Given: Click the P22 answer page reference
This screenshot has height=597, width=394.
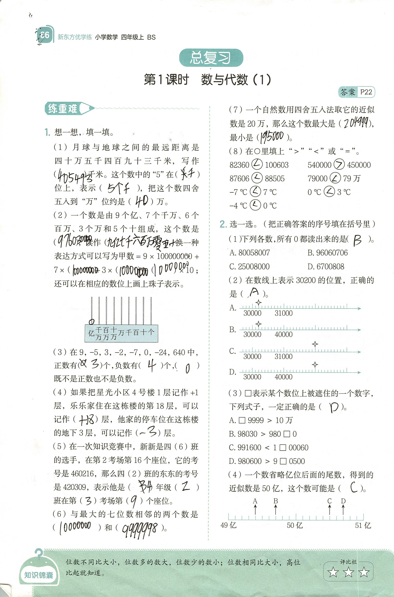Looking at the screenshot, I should [x=366, y=92].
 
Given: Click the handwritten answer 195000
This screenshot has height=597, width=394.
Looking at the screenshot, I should [x=272, y=137].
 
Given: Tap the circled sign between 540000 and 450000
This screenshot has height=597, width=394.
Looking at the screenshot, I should [x=339, y=165].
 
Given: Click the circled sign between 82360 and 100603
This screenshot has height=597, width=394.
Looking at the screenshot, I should [x=257, y=165].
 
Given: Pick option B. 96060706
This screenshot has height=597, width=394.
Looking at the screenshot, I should [x=327, y=253].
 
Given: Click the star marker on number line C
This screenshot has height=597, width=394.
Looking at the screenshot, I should [x=315, y=344].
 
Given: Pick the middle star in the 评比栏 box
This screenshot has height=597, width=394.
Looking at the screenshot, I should [x=348, y=573].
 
